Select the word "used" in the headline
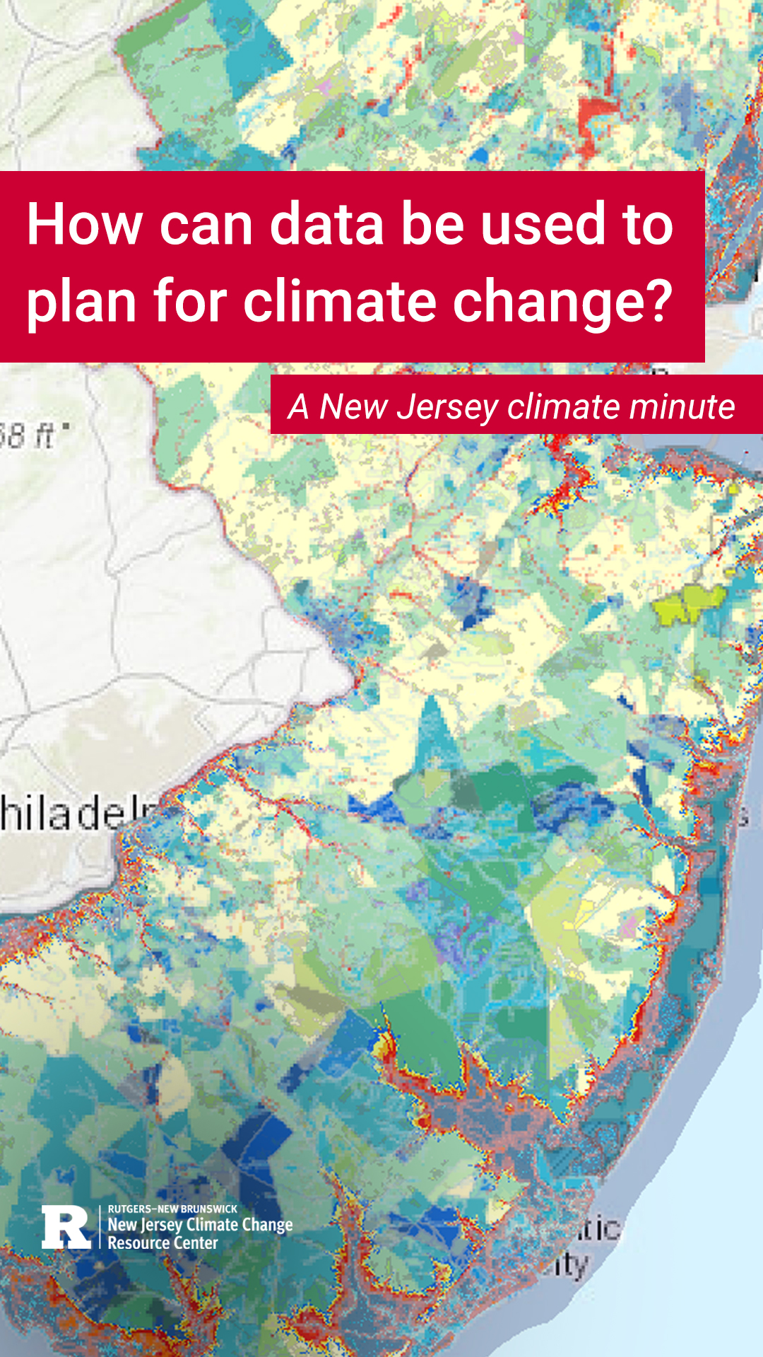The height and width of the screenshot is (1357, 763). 543,225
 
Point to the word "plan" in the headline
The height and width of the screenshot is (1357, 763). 81,302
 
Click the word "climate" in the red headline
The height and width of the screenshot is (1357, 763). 340,301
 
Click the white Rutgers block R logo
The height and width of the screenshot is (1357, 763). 66,1228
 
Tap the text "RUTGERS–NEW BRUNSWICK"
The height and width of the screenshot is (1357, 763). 172,1209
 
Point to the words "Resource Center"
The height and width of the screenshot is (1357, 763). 162,1243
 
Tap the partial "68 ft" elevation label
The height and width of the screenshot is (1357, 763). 32,435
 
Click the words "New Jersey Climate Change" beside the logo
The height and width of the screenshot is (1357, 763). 200,1226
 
